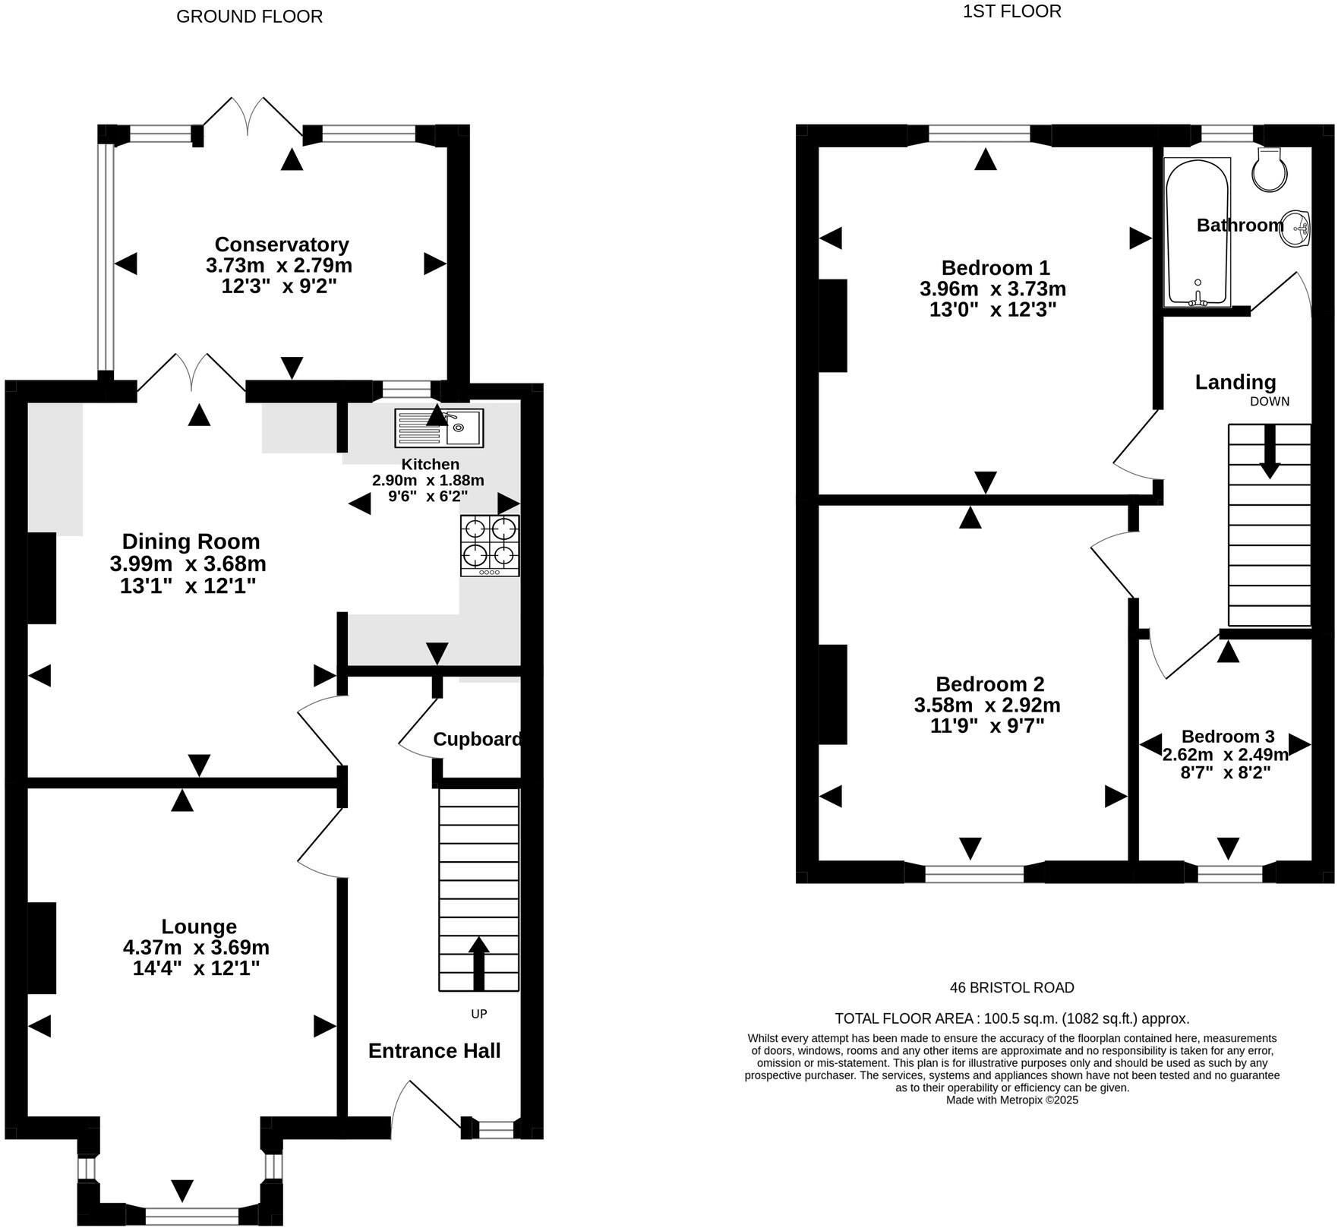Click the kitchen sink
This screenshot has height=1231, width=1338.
[439, 428]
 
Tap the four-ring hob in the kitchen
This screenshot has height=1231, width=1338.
[490, 545]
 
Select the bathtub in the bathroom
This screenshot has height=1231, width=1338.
[1197, 232]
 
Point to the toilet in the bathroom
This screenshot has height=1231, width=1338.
[1270, 169]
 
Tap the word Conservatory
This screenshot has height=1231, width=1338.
[282, 245]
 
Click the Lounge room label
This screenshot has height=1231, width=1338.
[199, 926]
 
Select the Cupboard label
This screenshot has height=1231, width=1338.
[478, 739]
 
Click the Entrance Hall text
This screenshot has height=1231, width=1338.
[434, 1050]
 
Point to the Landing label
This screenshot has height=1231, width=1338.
[1235, 382]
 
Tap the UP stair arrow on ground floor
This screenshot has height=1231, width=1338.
[478, 964]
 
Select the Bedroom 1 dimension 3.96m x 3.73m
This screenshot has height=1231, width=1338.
[992, 289]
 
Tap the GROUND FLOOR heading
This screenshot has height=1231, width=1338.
[249, 17]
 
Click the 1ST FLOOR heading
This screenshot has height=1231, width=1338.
[1011, 11]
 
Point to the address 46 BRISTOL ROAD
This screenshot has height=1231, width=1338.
[1011, 988]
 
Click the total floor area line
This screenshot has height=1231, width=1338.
[1012, 1019]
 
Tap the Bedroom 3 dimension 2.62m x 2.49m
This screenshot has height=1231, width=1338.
[1226, 755]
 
